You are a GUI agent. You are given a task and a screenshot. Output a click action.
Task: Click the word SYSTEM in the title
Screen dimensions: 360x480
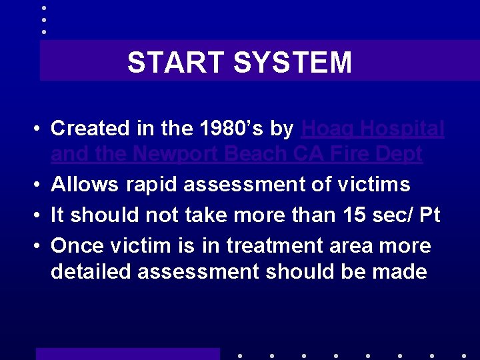[x=292, y=63]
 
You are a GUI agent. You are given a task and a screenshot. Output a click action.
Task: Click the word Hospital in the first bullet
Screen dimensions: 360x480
[x=405, y=128]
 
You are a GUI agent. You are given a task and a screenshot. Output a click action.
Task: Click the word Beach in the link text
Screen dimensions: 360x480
[x=256, y=155]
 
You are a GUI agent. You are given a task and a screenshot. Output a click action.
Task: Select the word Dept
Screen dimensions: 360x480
[x=399, y=155]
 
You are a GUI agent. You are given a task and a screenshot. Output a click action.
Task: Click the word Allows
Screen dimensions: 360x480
[x=84, y=184]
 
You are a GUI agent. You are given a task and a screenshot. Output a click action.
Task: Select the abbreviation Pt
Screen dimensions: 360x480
[x=430, y=215]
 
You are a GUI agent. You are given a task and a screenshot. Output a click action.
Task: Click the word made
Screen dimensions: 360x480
[x=400, y=271]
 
